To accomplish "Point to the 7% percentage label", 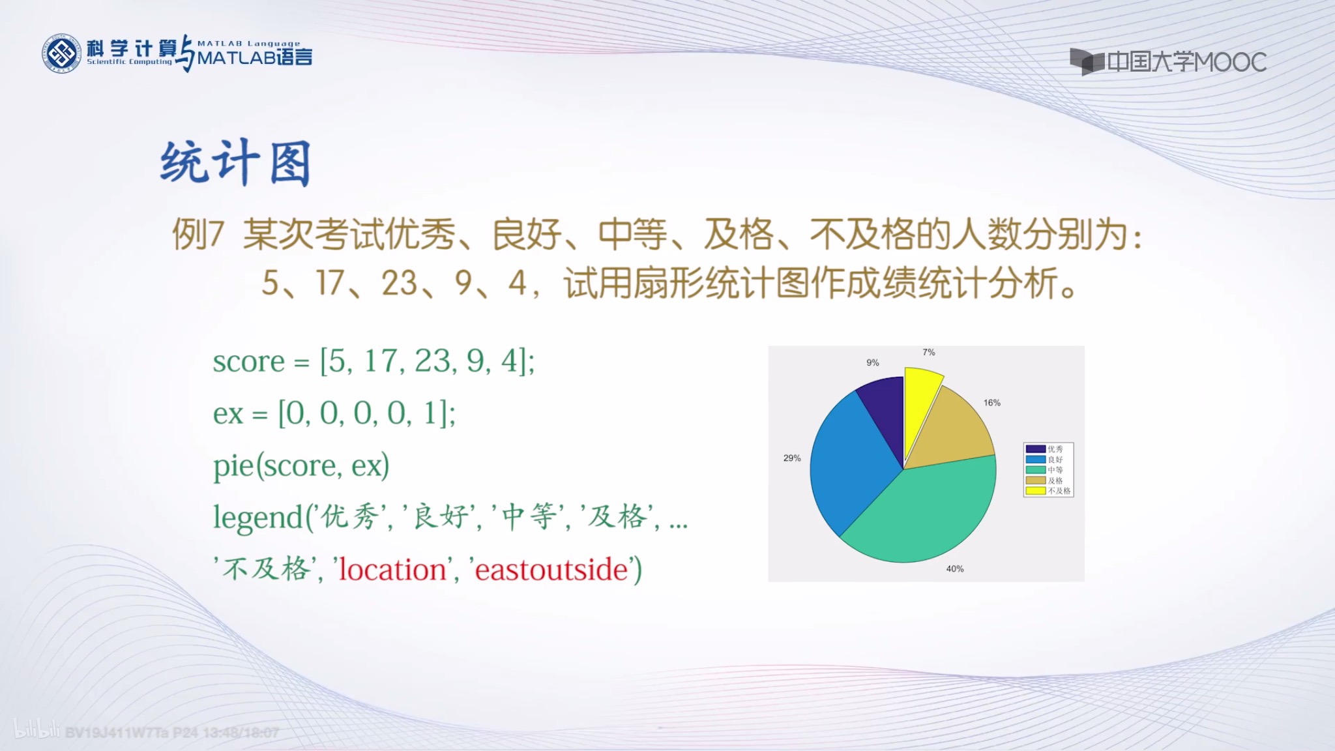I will point(928,353).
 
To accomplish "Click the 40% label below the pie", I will point(954,569).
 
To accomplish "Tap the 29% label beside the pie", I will point(792,458).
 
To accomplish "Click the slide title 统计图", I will point(235,163).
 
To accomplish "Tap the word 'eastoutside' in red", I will point(551,570).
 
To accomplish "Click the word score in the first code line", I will point(248,362).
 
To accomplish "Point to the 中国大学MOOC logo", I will point(1167,62).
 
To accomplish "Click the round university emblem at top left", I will point(62,53).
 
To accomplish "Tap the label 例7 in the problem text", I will point(198,234).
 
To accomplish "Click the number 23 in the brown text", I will point(399,284).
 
